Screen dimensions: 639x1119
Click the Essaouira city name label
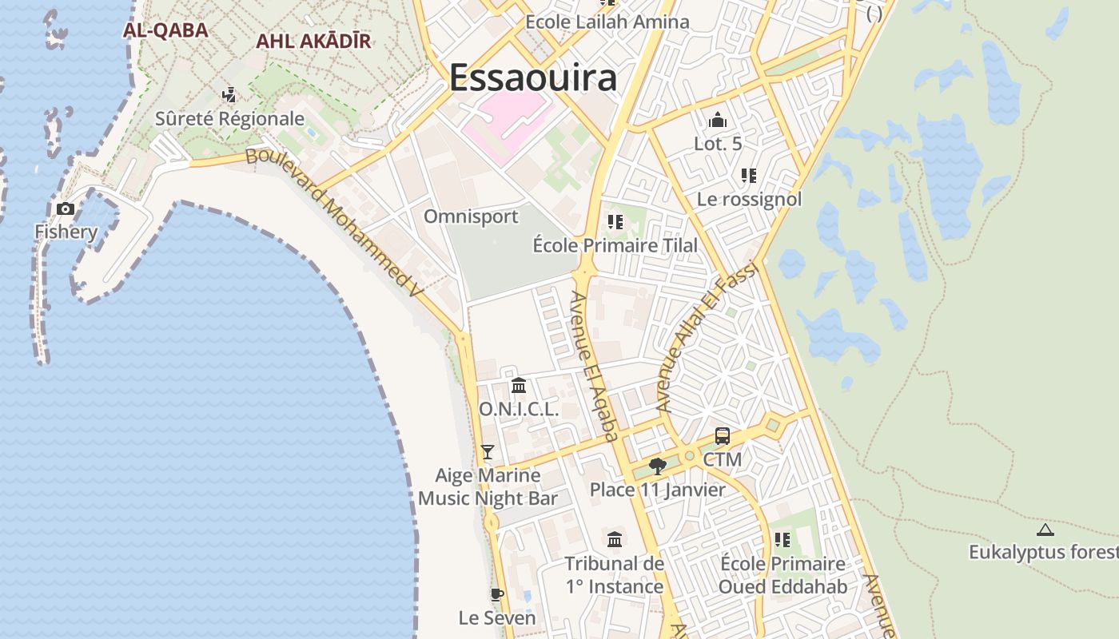tap(532, 78)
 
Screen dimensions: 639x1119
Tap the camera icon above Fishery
tap(66, 209)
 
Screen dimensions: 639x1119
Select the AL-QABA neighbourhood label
tap(165, 30)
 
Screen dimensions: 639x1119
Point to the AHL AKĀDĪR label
tap(313, 42)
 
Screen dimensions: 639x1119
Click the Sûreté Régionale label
tap(229, 119)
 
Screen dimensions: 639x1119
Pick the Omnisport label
tap(471, 216)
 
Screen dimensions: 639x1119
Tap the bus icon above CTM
tap(723, 436)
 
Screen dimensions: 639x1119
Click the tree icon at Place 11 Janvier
tap(658, 466)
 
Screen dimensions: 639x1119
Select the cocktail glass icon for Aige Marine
tap(488, 452)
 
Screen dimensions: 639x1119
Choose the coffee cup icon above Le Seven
tap(496, 594)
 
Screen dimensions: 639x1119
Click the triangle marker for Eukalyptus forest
tap(1045, 530)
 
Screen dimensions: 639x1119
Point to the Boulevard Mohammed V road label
tap(333, 222)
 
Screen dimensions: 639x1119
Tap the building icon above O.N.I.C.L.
tap(519, 386)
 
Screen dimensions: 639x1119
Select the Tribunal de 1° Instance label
tap(615, 575)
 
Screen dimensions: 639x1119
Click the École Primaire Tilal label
tap(615, 245)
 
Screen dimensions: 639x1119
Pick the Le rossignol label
tap(749, 199)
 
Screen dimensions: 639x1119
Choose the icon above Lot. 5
tap(718, 121)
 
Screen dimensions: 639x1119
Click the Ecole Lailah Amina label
tap(607, 22)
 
